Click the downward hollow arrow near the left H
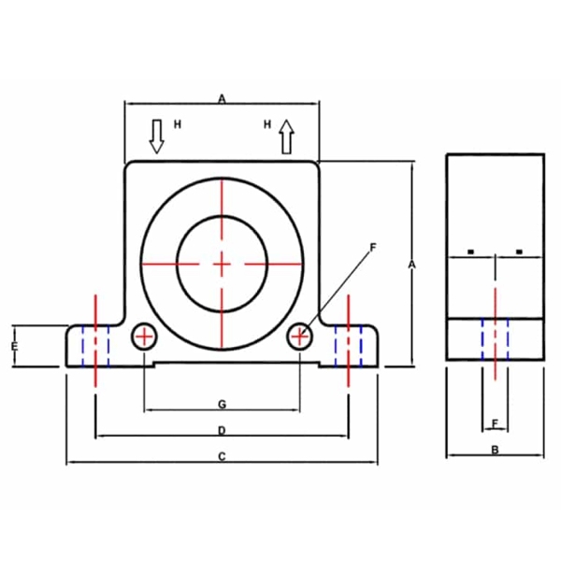pyautogui.click(x=156, y=137)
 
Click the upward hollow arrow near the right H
pyautogui.click(x=287, y=137)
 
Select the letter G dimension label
pyautogui.click(x=223, y=404)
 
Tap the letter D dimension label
pyautogui.click(x=222, y=430)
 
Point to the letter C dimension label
pyautogui.click(x=222, y=456)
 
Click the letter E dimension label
pyautogui.click(x=15, y=346)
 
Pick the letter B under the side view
pyautogui.click(x=495, y=450)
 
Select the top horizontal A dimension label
pyautogui.click(x=223, y=98)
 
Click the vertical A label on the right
pyautogui.click(x=412, y=265)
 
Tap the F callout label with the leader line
pyautogui.click(x=373, y=247)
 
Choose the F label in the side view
pyautogui.click(x=495, y=424)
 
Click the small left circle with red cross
pyautogui.click(x=144, y=337)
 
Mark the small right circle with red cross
pyautogui.click(x=300, y=337)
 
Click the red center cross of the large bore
pyautogui.click(x=222, y=265)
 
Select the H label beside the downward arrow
pyautogui.click(x=178, y=124)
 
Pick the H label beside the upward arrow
pyautogui.click(x=267, y=124)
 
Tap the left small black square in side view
pyautogui.click(x=471, y=252)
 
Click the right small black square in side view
pyautogui.click(x=520, y=252)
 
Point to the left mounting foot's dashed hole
pyautogui.click(x=95, y=346)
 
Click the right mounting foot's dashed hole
pyautogui.click(x=349, y=346)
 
